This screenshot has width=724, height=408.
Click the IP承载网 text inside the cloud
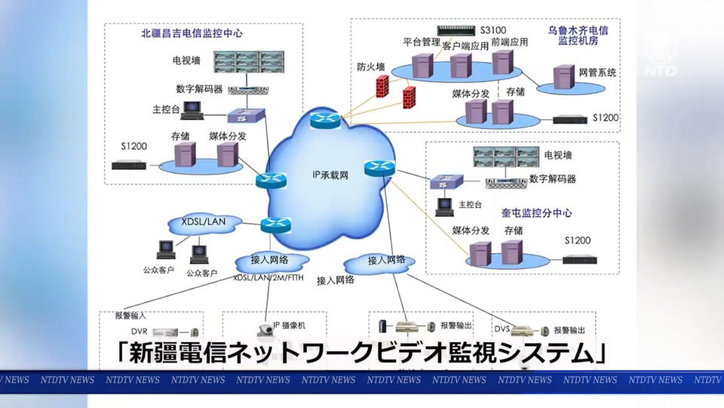tap(330, 175)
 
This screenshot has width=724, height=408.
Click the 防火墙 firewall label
tap(371, 66)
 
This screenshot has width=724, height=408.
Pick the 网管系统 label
tap(597, 73)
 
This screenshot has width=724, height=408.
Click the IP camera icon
tap(266, 328)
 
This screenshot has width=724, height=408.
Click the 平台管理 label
tap(421, 42)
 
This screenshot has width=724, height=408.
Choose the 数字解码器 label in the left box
tap(199, 88)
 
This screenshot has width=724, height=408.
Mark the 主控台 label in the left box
tap(166, 110)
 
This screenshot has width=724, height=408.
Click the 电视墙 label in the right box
tap(558, 154)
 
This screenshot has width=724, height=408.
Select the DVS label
tap(502, 329)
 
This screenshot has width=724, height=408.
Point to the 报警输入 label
tap(130, 315)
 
